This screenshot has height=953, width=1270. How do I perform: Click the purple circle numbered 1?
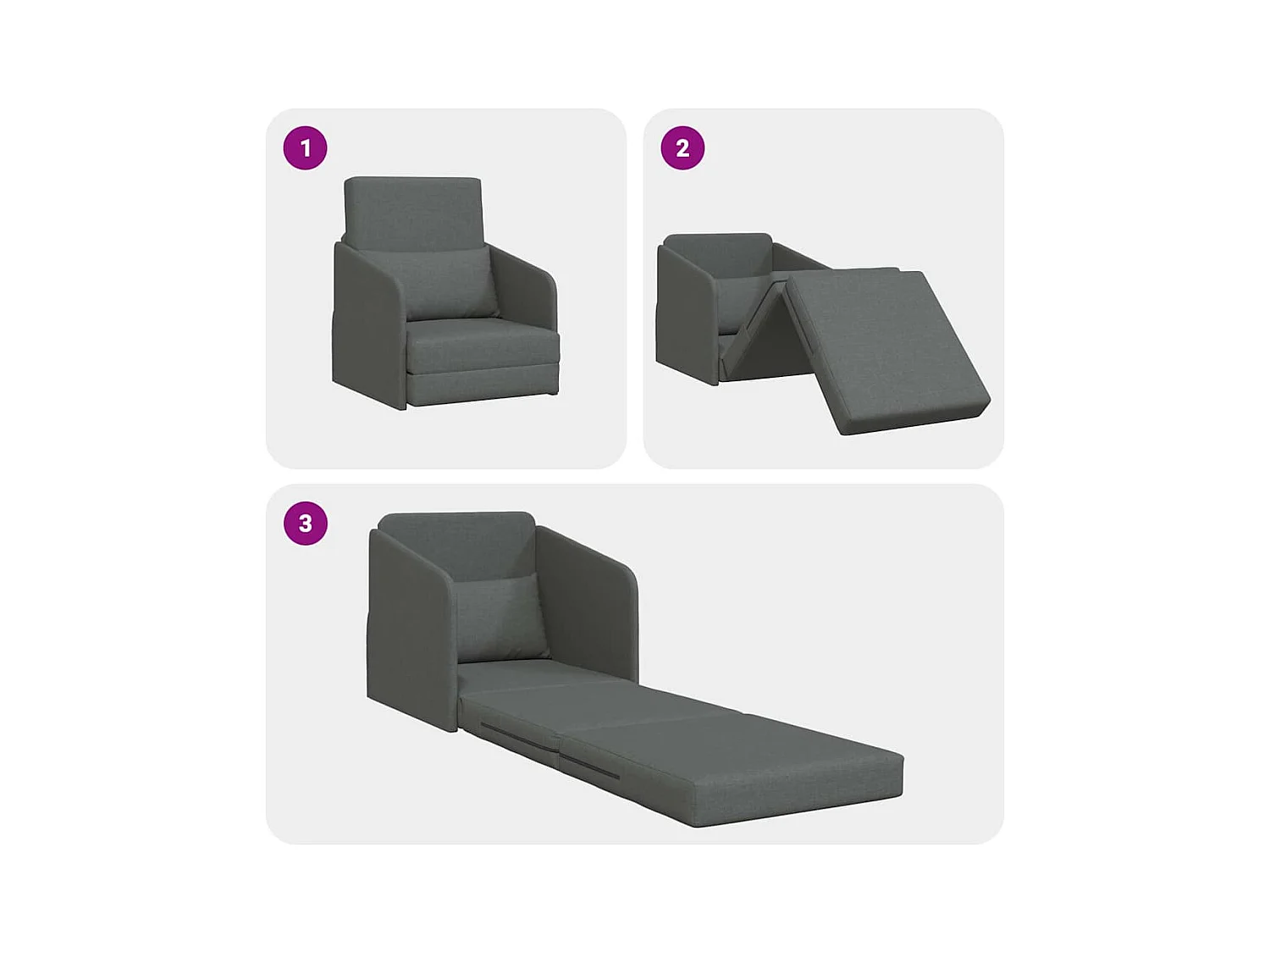305,148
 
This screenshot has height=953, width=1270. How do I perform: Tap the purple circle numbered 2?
682,148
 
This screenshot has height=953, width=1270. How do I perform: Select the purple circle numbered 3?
305,524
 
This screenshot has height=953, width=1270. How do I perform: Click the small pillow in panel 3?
498,614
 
